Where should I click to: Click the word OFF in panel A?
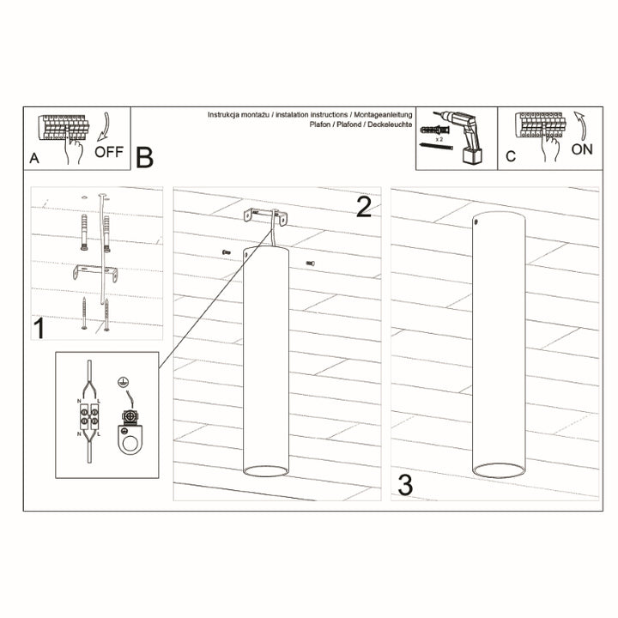coord(109,154)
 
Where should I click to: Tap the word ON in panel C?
coord(581,148)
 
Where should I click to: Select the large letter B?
coord(144,157)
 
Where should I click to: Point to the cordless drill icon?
coord(469,137)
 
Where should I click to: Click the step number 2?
coord(363,207)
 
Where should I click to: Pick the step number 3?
coord(405,484)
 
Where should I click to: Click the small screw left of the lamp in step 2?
coord(226,251)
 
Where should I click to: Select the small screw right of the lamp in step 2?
coord(312,262)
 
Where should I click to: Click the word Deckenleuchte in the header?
coord(391,125)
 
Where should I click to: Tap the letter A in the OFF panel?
coord(34,157)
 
